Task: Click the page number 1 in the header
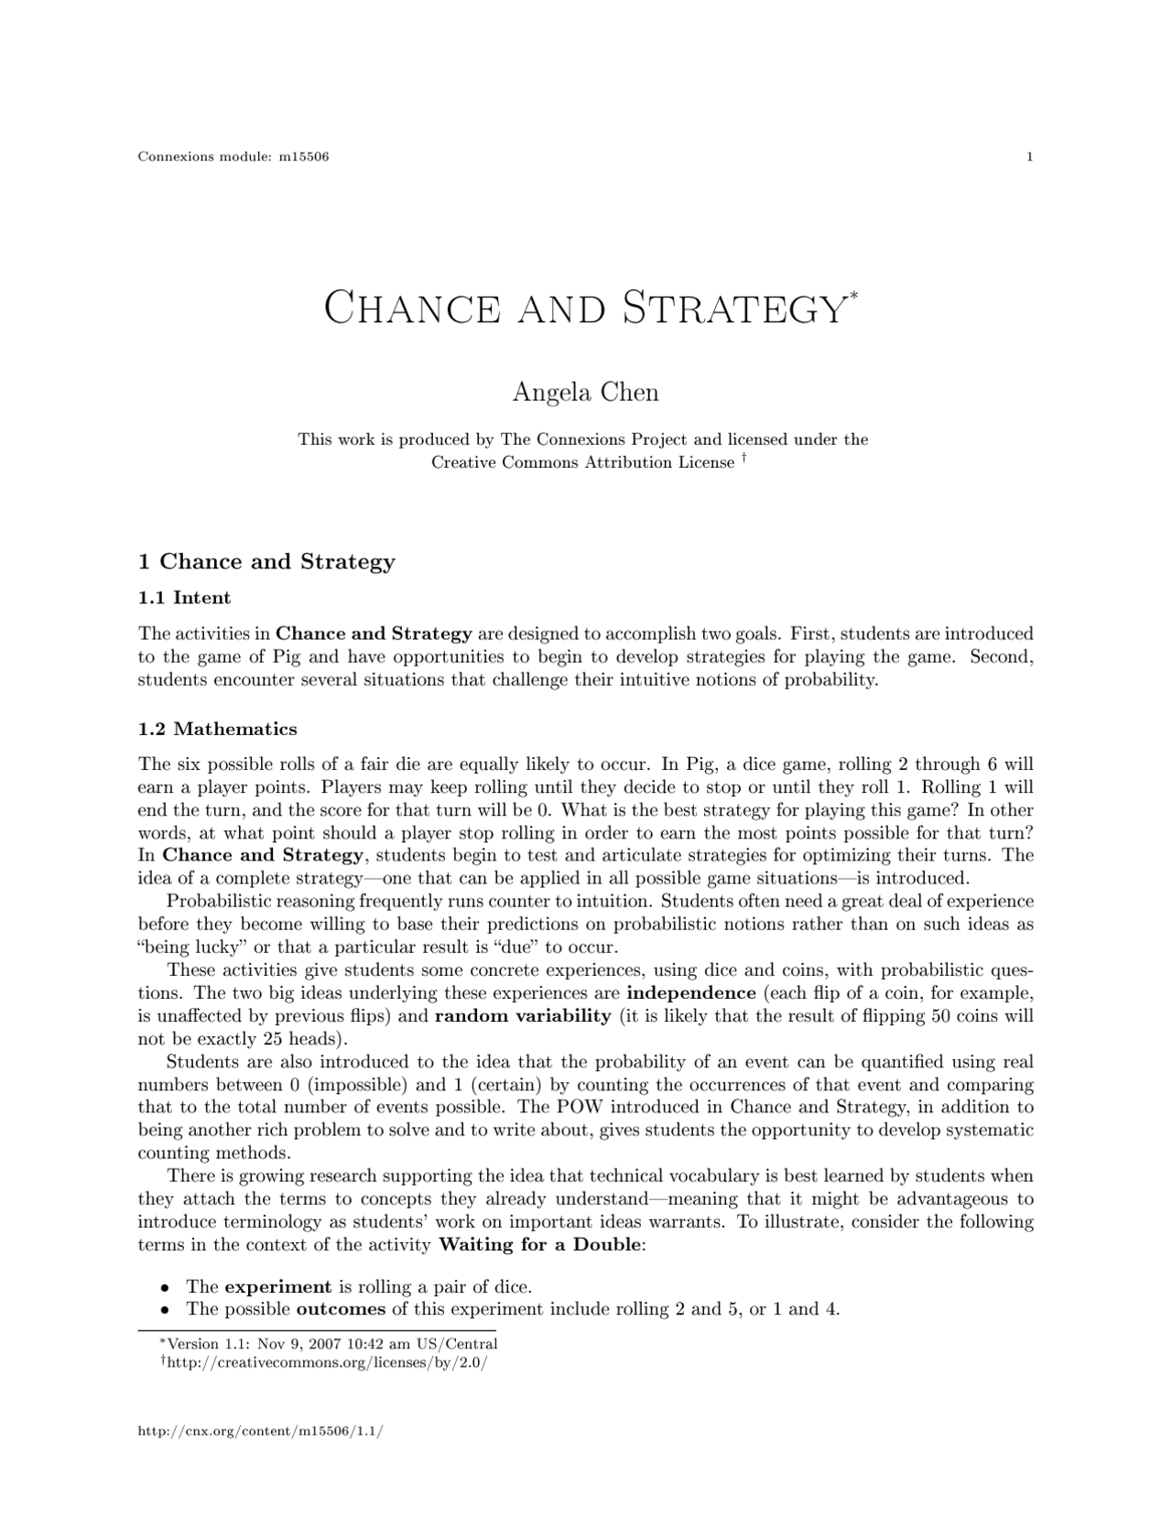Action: (x=1030, y=157)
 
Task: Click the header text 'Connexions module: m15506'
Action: (x=233, y=157)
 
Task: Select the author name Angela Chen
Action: (x=585, y=393)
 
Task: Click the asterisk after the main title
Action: (x=853, y=295)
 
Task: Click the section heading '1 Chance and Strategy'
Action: (x=266, y=561)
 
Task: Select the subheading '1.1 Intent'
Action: (x=184, y=598)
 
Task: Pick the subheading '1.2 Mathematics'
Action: (x=217, y=729)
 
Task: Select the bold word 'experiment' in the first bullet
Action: (x=277, y=1286)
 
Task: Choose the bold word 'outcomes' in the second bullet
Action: (x=341, y=1309)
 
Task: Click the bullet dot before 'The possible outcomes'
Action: (x=166, y=1310)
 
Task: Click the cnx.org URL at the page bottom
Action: (x=259, y=1430)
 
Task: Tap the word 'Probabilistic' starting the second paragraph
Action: (x=222, y=902)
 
